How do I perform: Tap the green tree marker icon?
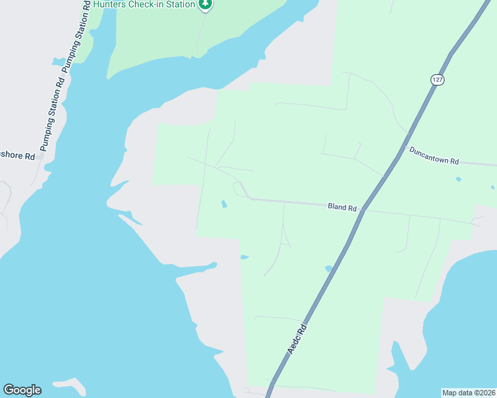coord(205,5)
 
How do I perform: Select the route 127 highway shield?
coord(437,79)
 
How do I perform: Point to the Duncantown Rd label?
coord(435,156)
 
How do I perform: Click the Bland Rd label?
coord(342,207)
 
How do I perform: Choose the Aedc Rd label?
coord(296,338)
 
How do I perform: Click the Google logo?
coord(22,390)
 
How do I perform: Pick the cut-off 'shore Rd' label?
coord(17,156)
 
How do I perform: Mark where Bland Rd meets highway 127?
coord(363,210)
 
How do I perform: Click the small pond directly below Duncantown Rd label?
coord(458,179)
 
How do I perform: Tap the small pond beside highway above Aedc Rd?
coord(328,269)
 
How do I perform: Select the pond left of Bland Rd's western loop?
coord(224,204)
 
